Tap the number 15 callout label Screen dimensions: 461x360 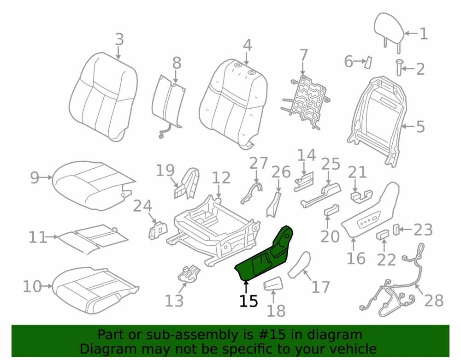tap(248, 301)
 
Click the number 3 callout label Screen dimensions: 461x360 tap(119, 39)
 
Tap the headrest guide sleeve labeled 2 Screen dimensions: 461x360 tap(399, 67)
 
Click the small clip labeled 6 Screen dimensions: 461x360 tap(368, 62)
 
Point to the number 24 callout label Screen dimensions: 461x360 tap(142, 206)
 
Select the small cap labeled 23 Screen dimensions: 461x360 tap(396, 230)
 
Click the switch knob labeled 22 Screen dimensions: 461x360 tap(382, 235)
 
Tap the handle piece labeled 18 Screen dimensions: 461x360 tap(273, 283)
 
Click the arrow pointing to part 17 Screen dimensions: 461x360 tap(307, 275)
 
